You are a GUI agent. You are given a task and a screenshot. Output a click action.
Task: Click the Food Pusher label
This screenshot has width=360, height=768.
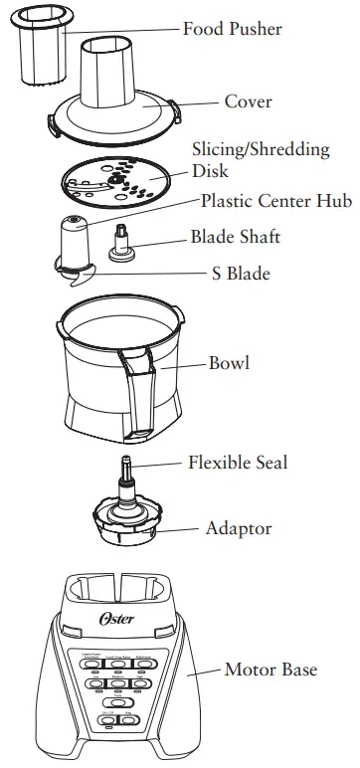click(x=232, y=29)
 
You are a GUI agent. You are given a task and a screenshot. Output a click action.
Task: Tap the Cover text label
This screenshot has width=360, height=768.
click(x=248, y=101)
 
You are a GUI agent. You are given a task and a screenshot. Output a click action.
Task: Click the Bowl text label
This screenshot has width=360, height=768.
click(x=229, y=362)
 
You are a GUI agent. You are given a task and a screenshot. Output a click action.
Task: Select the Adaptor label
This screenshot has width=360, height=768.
click(x=238, y=528)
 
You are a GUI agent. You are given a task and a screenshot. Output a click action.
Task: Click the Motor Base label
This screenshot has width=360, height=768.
click(x=270, y=670)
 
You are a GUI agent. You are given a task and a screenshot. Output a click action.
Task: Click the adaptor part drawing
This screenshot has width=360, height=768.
click(x=124, y=518)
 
